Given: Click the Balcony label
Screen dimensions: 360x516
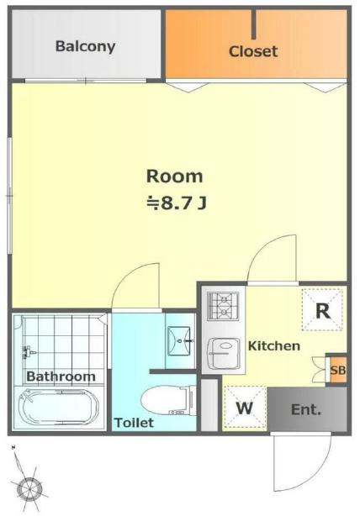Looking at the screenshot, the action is click(x=85, y=46).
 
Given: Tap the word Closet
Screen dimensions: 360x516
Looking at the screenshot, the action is click(x=253, y=51).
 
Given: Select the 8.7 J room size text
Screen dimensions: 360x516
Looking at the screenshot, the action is click(x=177, y=203).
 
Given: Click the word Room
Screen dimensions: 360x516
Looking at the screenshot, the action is click(x=175, y=176).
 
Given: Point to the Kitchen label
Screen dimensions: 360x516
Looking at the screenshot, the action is click(x=274, y=346).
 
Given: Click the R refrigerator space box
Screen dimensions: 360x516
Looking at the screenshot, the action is click(x=323, y=309).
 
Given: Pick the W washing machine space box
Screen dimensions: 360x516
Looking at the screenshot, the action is click(x=245, y=408).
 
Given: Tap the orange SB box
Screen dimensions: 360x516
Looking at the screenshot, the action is click(x=337, y=370).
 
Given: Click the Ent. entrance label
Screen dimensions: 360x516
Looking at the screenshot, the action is click(x=306, y=410).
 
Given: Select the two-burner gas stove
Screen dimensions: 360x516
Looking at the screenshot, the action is click(x=223, y=306).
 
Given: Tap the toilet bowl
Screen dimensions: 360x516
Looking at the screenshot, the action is click(x=168, y=401).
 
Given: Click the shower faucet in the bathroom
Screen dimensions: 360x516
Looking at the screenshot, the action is click(x=29, y=353).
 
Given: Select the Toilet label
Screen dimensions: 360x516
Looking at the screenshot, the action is click(x=134, y=423).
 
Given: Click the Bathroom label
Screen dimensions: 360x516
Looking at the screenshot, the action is click(x=61, y=376).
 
